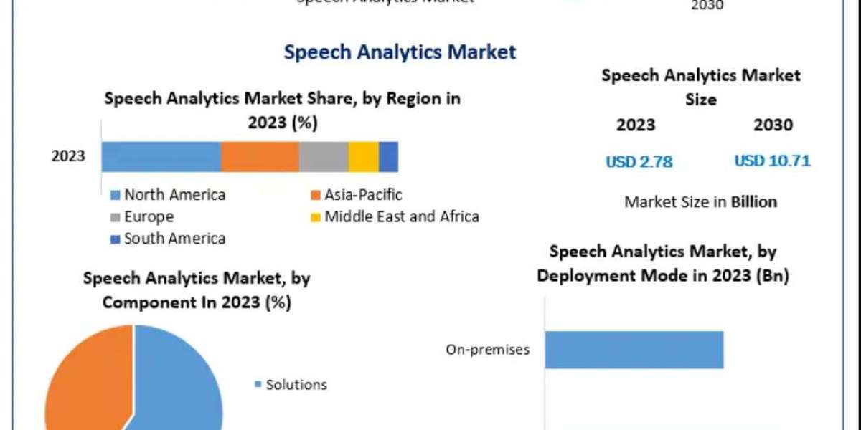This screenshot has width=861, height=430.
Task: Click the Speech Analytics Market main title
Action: (x=400, y=52)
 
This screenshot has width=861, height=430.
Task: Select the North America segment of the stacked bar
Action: (x=161, y=156)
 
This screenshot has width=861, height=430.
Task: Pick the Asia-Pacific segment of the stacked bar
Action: (x=260, y=156)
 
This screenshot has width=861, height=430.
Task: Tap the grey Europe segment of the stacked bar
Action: (x=324, y=156)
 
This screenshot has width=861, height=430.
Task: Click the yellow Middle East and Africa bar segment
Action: (x=364, y=156)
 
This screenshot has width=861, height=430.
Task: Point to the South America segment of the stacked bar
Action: (x=388, y=156)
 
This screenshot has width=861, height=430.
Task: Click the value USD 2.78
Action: (x=639, y=162)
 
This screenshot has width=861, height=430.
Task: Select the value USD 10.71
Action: (x=772, y=161)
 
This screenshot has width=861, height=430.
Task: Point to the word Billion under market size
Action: (x=753, y=202)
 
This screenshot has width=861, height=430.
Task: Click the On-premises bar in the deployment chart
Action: (x=634, y=350)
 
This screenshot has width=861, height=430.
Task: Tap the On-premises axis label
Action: (x=488, y=350)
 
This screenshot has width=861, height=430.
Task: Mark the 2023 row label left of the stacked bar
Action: (x=68, y=156)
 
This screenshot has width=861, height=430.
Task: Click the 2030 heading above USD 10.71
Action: (x=773, y=125)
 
